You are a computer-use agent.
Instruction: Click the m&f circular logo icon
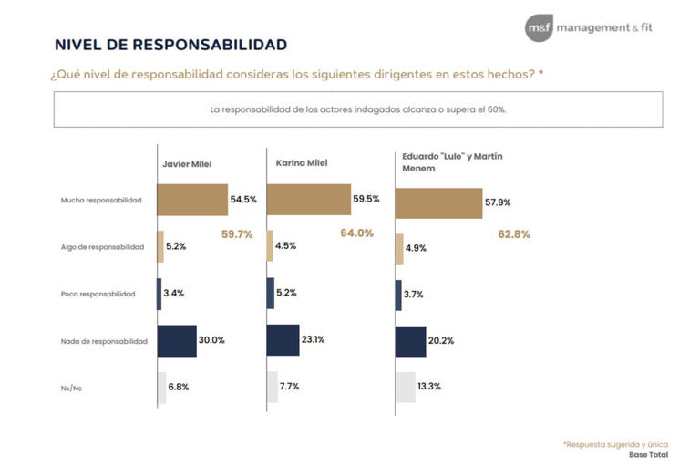tap(539, 27)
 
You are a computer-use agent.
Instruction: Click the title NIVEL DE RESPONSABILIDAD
tap(170, 44)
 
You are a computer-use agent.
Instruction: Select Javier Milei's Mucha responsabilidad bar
tap(191, 200)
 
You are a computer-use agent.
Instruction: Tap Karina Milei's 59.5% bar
tap(308, 199)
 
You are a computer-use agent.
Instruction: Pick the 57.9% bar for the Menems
tap(438, 203)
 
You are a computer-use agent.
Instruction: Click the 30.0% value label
tap(212, 340)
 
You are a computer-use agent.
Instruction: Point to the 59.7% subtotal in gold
tap(236, 234)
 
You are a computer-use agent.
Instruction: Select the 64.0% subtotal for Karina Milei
tap(356, 233)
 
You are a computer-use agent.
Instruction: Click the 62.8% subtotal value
tap(514, 234)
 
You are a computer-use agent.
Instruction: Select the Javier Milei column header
tap(187, 164)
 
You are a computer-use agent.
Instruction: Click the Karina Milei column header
tap(301, 163)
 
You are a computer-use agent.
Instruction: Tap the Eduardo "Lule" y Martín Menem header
tap(452, 161)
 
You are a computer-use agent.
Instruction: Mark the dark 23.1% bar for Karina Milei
tap(283, 340)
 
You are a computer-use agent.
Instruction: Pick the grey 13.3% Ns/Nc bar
tap(405, 387)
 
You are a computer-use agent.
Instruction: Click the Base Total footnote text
tap(648, 454)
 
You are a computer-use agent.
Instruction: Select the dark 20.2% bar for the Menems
tap(410, 341)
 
